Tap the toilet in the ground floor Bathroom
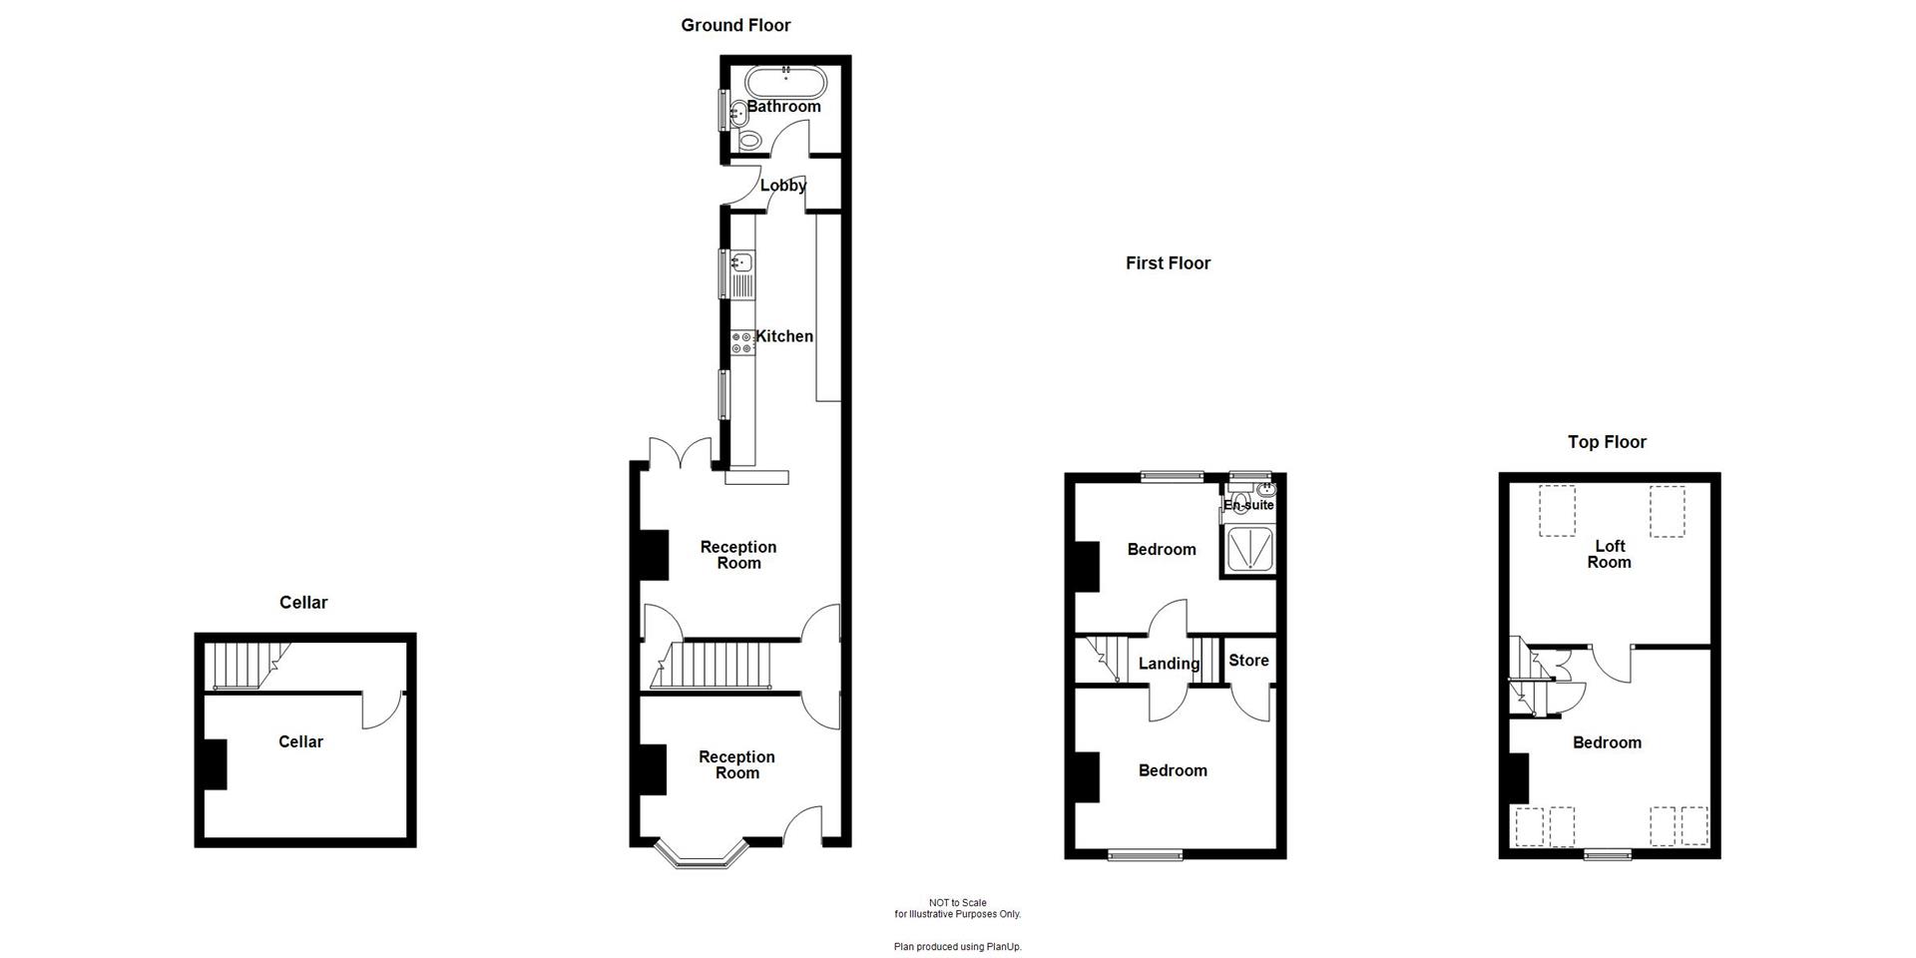click(748, 140)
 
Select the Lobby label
click(783, 186)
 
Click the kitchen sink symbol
click(741, 263)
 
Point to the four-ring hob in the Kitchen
click(741, 342)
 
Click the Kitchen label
click(784, 336)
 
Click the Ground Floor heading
click(735, 26)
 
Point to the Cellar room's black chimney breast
click(215, 764)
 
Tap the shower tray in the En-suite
click(1246, 549)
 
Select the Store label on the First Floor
click(1248, 661)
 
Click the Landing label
click(1169, 664)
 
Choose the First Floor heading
click(1168, 263)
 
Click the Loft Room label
click(1609, 554)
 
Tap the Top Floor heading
click(1607, 442)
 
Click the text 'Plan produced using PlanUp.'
click(957, 946)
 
